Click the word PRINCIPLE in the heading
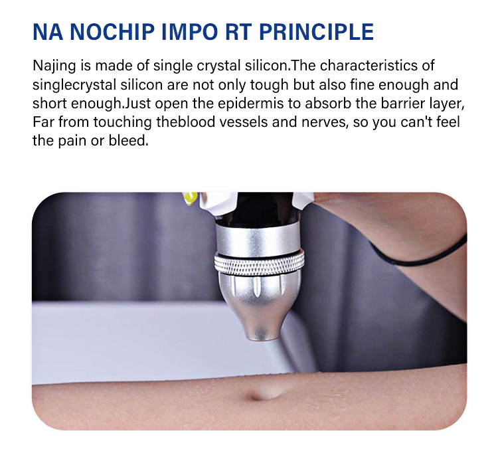316,32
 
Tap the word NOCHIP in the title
112,32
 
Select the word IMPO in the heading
190,32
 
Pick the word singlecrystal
74,85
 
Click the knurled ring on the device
259,262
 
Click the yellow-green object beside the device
191,198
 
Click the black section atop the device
260,208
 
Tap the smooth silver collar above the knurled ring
258,238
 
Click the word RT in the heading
238,32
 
